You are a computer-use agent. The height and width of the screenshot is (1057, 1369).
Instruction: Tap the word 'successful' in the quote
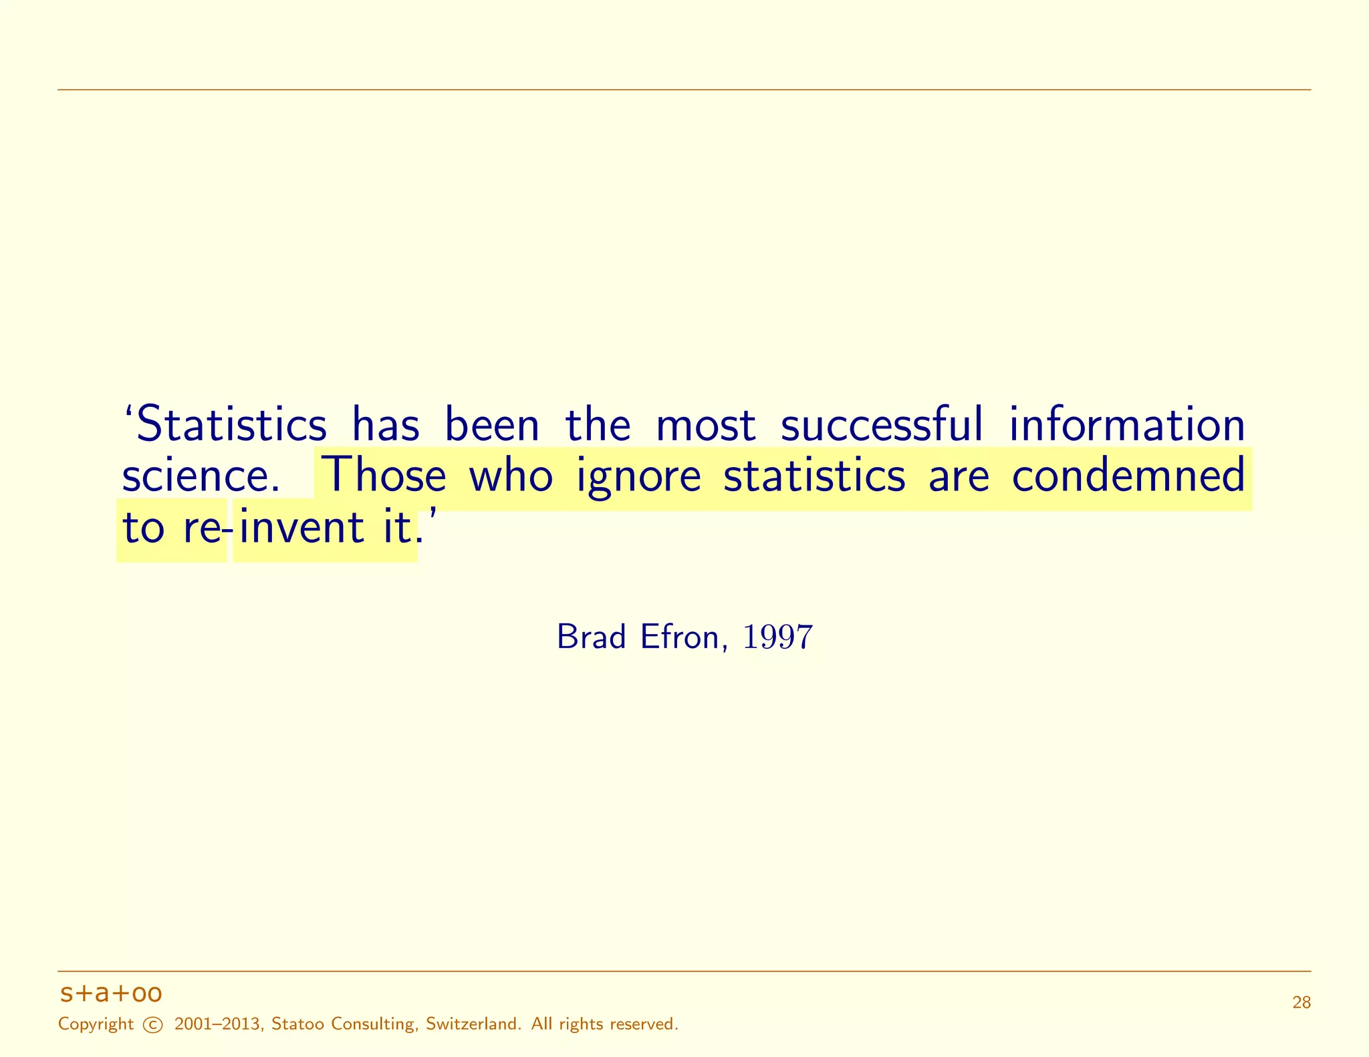(x=882, y=425)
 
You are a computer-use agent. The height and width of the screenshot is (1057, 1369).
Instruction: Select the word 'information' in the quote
(x=1126, y=425)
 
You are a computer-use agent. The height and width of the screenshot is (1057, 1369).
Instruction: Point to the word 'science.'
(x=201, y=476)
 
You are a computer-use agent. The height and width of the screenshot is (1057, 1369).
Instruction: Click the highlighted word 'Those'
(x=384, y=476)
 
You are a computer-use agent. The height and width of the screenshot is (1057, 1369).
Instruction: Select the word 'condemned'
(x=1128, y=476)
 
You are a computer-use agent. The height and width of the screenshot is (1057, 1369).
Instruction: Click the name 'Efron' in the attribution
(x=680, y=637)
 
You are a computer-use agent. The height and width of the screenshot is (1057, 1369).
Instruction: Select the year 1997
(x=778, y=637)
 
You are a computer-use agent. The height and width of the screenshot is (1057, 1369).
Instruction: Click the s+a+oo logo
(x=111, y=994)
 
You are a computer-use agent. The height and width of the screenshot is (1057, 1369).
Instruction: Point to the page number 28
(x=1301, y=1002)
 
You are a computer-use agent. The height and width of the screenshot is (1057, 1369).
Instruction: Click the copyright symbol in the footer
(x=153, y=1025)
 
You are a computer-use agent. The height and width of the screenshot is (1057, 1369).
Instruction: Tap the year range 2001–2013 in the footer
(x=217, y=1024)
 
